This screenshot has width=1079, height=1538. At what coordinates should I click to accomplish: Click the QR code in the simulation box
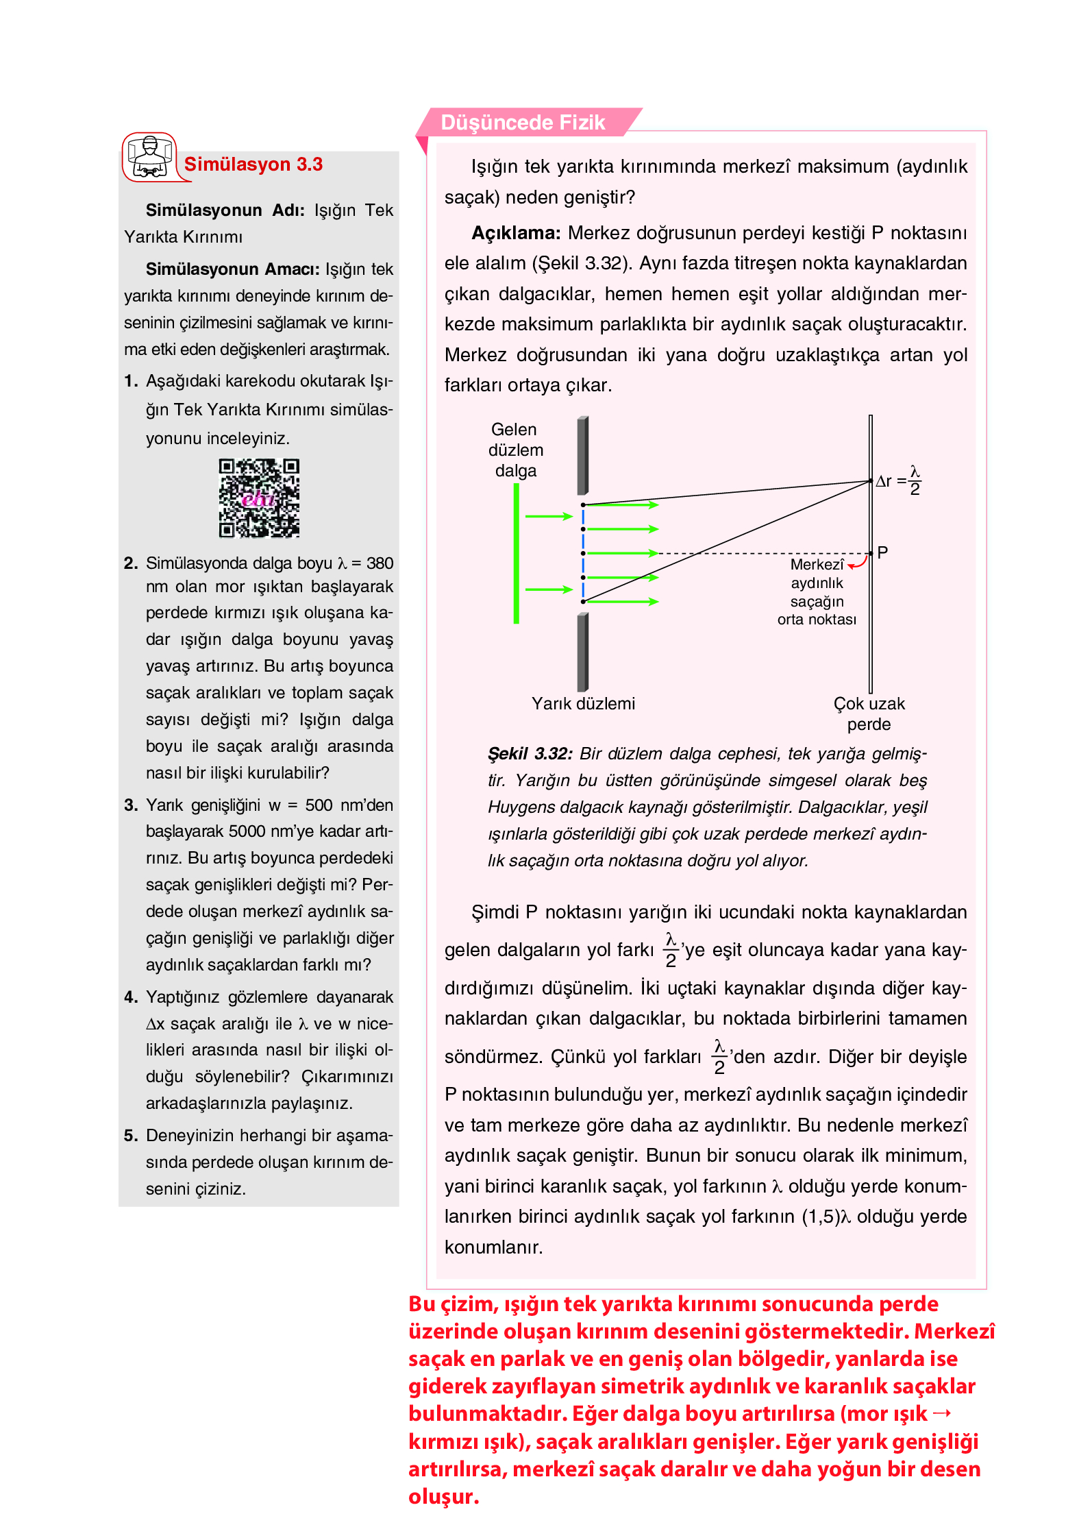(x=259, y=498)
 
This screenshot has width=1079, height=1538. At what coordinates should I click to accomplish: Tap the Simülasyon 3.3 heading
(x=253, y=164)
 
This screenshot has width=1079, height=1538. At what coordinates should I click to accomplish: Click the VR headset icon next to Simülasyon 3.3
(x=149, y=157)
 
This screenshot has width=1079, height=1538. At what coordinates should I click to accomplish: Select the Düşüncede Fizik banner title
(x=522, y=123)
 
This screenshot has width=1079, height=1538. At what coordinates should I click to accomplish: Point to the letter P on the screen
(x=882, y=552)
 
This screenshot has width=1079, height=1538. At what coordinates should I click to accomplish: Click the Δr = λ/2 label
(x=898, y=480)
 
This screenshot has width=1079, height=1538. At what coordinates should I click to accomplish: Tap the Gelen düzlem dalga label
(x=515, y=450)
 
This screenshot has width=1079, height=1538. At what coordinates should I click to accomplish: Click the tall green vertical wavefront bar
(x=516, y=553)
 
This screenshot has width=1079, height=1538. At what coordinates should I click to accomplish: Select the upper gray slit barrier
(x=582, y=455)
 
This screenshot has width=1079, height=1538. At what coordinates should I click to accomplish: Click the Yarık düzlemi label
(x=583, y=703)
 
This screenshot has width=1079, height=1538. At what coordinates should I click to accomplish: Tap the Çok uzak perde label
(x=869, y=713)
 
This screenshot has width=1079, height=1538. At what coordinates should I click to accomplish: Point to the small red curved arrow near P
(x=858, y=563)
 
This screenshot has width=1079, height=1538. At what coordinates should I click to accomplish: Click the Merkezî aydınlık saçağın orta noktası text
(x=817, y=591)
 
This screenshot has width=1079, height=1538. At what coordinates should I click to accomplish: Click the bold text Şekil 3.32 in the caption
(x=529, y=754)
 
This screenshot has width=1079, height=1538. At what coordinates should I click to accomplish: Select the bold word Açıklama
(x=515, y=233)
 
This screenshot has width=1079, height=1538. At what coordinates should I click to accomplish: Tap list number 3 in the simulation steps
(x=131, y=805)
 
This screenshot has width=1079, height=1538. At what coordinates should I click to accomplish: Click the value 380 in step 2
(x=380, y=563)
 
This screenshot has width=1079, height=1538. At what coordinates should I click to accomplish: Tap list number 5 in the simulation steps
(x=131, y=1136)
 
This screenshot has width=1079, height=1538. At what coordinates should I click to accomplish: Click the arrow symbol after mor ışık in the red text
(x=942, y=1413)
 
